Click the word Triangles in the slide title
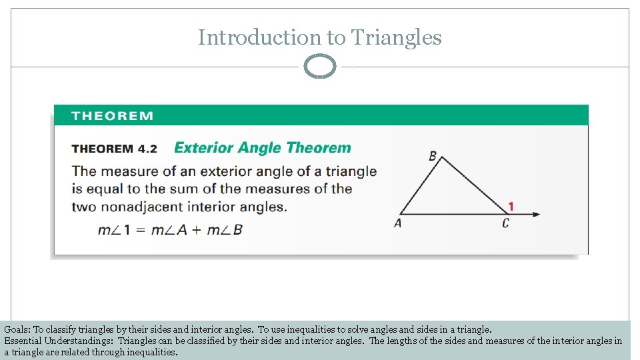click(x=396, y=38)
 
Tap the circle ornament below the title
click(x=320, y=67)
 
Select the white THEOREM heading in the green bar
click(x=113, y=116)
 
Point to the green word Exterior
click(x=203, y=148)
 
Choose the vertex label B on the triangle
click(x=433, y=156)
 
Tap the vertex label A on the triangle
click(x=398, y=223)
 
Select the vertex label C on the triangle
click(x=505, y=223)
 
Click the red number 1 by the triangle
click(x=511, y=207)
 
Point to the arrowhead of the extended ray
click(x=537, y=214)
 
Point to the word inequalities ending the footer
click(x=151, y=352)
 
